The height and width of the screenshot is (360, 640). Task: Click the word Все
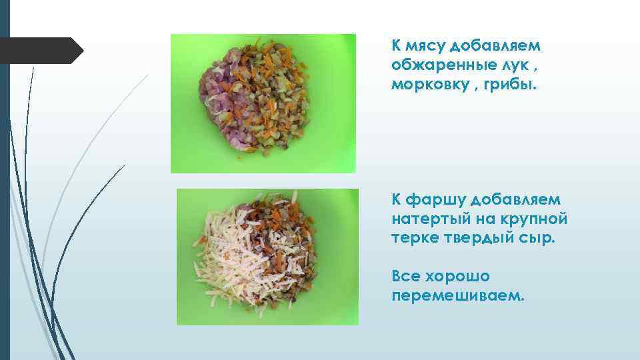[405, 275]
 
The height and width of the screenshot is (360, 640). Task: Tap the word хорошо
[457, 275]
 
